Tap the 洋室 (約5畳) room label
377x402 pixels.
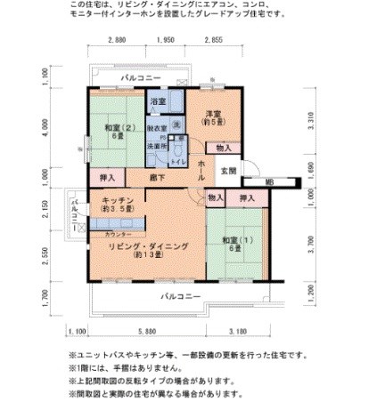click(213, 118)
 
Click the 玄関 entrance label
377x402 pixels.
click(228, 171)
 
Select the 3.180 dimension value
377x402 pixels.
click(238, 332)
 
